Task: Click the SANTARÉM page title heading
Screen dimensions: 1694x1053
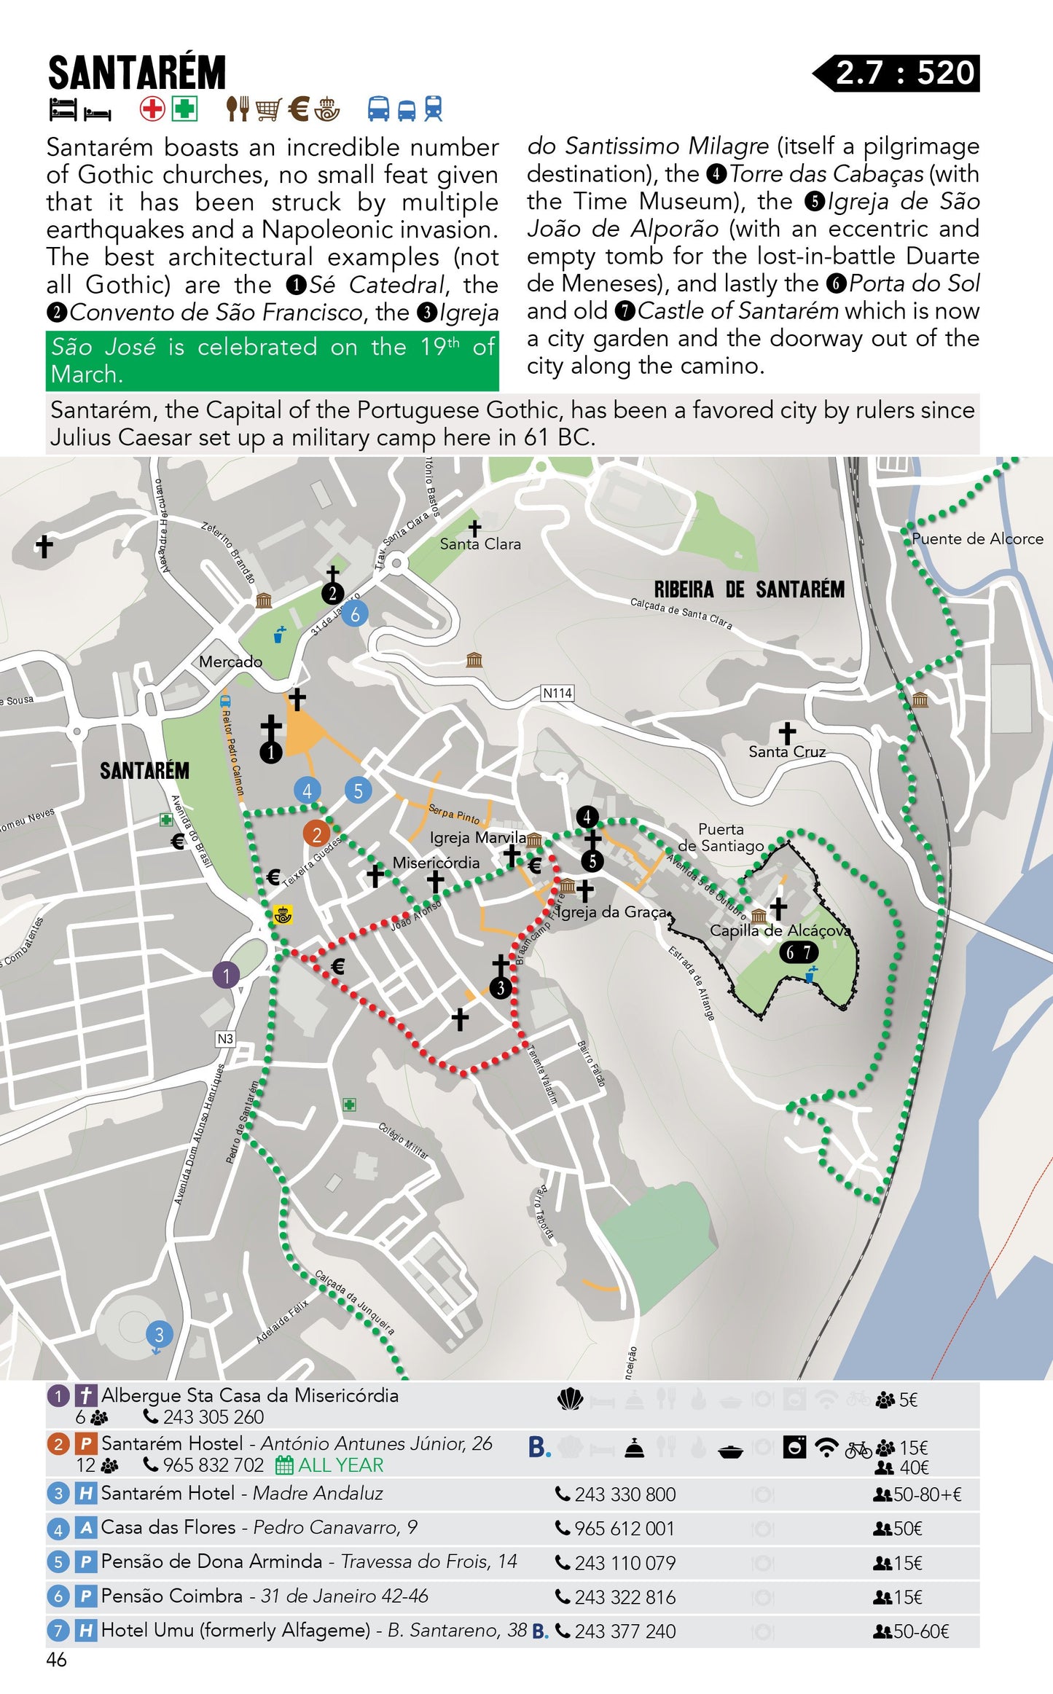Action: [137, 73]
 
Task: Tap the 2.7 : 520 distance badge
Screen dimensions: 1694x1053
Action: [904, 73]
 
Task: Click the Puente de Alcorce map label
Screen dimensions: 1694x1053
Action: [976, 538]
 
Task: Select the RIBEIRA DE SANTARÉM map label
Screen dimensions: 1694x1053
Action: [748, 589]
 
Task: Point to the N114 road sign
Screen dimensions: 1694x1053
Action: [557, 693]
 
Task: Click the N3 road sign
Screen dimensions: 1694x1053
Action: [225, 1038]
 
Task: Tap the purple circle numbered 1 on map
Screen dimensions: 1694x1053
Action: [226, 975]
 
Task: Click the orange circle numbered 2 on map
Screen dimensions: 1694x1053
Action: [316, 834]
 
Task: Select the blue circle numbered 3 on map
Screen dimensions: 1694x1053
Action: [159, 1334]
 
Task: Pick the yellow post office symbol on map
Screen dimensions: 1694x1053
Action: [282, 914]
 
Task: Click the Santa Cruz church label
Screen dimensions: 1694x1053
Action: [787, 751]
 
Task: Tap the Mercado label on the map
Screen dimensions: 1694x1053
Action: [230, 662]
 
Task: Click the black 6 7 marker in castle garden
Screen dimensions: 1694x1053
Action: [799, 952]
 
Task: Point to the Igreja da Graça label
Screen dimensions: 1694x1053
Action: [612, 911]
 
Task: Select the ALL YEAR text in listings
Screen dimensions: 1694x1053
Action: [340, 1464]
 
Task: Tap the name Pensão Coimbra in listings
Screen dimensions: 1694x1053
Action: [171, 1596]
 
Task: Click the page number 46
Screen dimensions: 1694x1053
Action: [56, 1659]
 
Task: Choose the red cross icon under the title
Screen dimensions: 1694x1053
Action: [152, 109]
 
